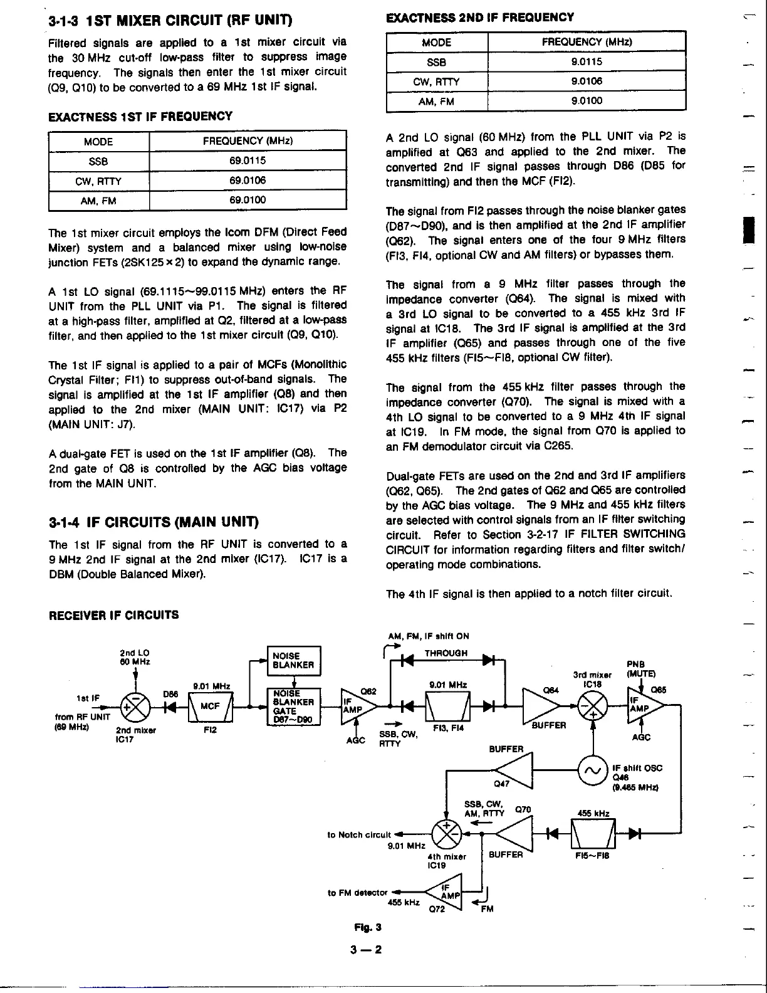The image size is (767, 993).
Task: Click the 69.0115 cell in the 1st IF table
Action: (x=248, y=160)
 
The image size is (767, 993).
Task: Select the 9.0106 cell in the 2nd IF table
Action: (x=587, y=81)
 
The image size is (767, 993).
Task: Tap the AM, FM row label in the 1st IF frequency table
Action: (x=98, y=201)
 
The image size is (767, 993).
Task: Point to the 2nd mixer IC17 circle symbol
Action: (x=135, y=706)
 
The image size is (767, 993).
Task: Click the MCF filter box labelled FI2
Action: (x=210, y=707)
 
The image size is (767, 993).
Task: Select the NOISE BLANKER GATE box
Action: (x=293, y=707)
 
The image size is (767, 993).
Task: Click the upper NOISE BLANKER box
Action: (x=293, y=660)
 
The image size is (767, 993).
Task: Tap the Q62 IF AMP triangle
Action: (x=357, y=706)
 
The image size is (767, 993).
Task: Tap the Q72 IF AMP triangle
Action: (x=446, y=891)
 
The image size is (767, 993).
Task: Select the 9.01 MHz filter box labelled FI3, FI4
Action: (x=448, y=706)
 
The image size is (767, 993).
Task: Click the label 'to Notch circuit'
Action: (x=359, y=834)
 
